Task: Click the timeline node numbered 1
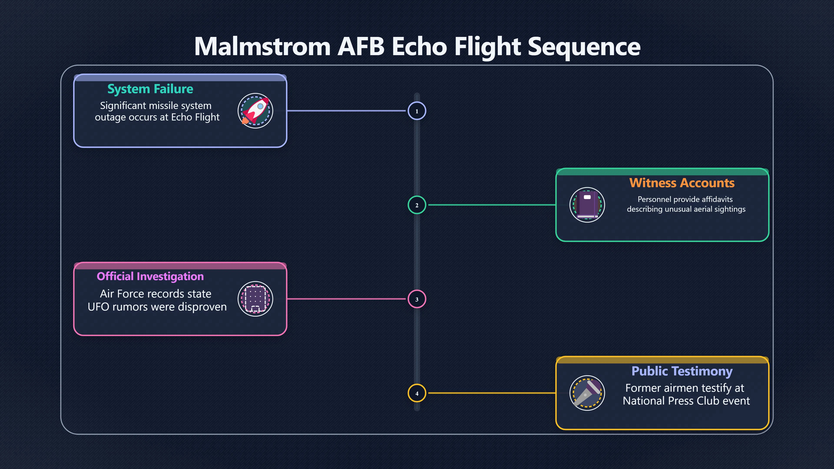pyautogui.click(x=417, y=111)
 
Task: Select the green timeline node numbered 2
pyautogui.click(x=417, y=205)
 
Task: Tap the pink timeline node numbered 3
pyautogui.click(x=417, y=299)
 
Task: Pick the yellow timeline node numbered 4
pyautogui.click(x=417, y=393)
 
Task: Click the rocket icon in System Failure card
pyautogui.click(x=255, y=111)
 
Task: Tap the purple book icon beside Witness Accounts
pyautogui.click(x=587, y=205)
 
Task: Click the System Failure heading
pyautogui.click(x=150, y=89)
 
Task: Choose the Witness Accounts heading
pyautogui.click(x=682, y=183)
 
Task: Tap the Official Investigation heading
pyautogui.click(x=150, y=276)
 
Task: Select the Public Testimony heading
pyautogui.click(x=682, y=371)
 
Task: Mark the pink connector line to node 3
pyautogui.click(x=346, y=299)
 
